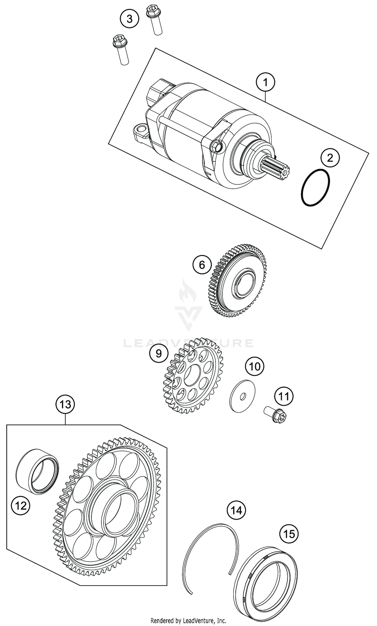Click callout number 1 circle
point(265,82)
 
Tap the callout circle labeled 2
point(330,158)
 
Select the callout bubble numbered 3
point(129,19)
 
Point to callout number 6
point(202,265)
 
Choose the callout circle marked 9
point(159,353)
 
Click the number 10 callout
point(255,366)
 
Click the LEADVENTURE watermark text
point(188,343)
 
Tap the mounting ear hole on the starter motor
point(139,130)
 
